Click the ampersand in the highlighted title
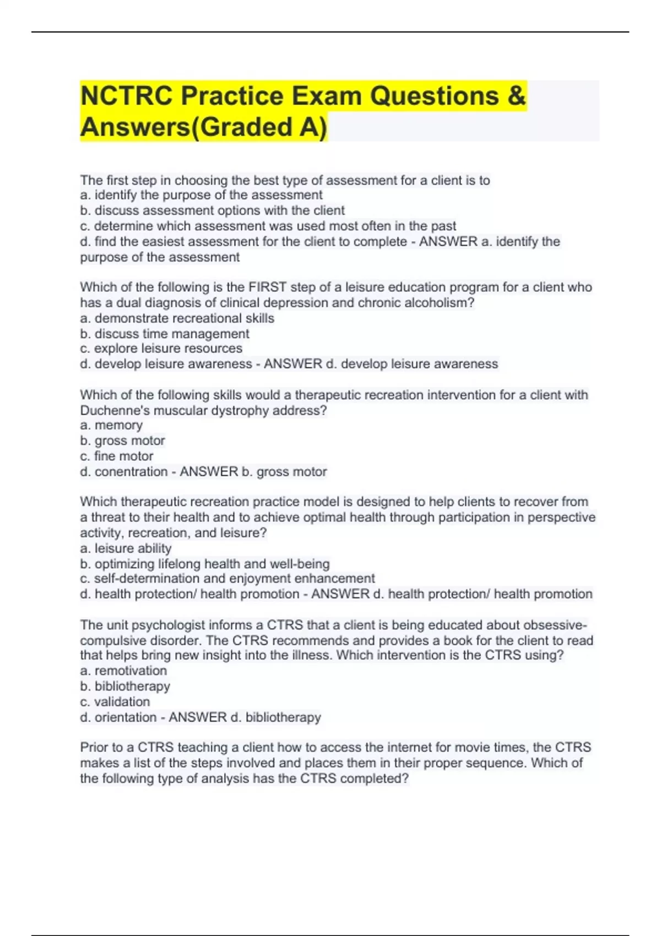click(517, 96)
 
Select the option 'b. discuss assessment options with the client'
click(212, 210)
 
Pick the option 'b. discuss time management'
click(164, 334)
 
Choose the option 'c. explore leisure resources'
click(161, 349)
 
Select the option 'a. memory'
click(111, 425)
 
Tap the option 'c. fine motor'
click(116, 456)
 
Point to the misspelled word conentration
click(131, 472)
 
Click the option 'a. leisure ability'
click(126, 548)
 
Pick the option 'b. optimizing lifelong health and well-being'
click(204, 564)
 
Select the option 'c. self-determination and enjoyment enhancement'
click(227, 579)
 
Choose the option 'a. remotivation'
click(123, 671)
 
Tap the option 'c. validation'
click(115, 702)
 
